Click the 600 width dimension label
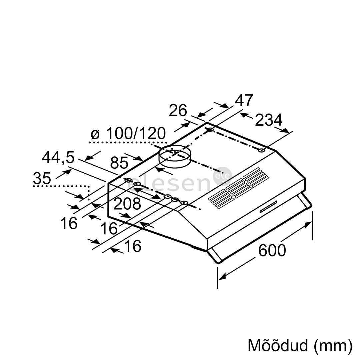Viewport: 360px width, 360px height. (x=272, y=250)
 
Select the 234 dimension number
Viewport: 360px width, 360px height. (x=269, y=120)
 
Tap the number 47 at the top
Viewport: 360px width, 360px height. (x=244, y=100)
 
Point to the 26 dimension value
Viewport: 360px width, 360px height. (x=178, y=111)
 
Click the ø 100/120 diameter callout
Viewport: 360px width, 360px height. (x=128, y=134)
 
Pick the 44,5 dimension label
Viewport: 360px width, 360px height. (x=58, y=157)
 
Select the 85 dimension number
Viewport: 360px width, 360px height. (x=119, y=163)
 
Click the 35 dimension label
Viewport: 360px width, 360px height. (x=42, y=179)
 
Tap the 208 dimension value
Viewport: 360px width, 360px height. (x=127, y=204)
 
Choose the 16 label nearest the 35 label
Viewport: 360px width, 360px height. (x=69, y=223)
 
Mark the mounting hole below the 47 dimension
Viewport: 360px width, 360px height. (x=210, y=130)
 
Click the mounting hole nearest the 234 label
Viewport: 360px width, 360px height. (x=262, y=151)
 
